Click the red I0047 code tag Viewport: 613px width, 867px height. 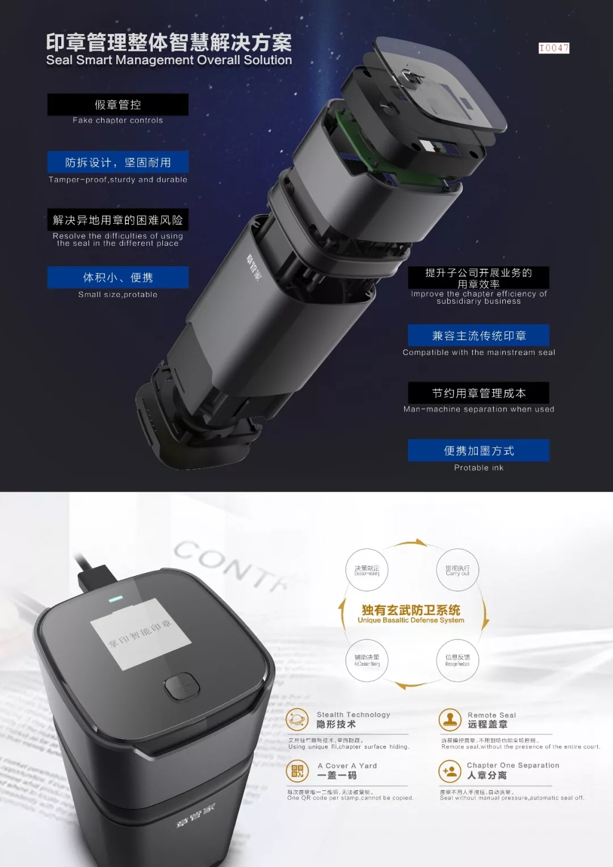point(553,48)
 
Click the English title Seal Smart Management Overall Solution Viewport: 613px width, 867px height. point(169,60)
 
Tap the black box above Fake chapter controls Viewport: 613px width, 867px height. point(117,104)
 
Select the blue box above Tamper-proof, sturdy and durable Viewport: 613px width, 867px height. point(117,162)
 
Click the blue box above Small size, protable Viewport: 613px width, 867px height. point(117,278)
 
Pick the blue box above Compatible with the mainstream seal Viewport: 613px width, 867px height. point(478,336)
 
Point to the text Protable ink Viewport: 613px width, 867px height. point(478,468)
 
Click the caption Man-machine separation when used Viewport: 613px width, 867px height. point(478,409)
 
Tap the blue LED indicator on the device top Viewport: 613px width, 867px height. point(115,599)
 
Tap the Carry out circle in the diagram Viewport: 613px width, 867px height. point(457,570)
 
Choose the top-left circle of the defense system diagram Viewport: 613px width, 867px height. point(367,570)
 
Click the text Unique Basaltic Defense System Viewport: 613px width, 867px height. point(411,621)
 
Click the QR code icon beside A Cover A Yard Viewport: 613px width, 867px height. point(297,770)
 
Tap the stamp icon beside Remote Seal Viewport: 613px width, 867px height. point(450,719)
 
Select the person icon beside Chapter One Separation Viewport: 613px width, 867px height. point(450,770)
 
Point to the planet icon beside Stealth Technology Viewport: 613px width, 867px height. point(297,719)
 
